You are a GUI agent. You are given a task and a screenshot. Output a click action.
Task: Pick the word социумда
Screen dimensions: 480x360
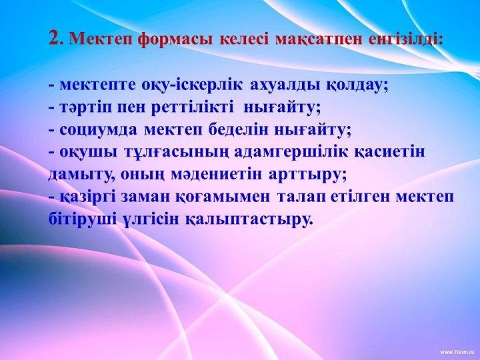pyautogui.click(x=99, y=131)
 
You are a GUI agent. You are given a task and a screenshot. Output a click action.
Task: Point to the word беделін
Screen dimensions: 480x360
pyautogui.click(x=238, y=130)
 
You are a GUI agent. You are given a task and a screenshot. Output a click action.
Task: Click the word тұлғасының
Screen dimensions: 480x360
pyautogui.click(x=176, y=153)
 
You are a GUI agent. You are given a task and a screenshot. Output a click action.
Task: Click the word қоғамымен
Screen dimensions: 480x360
pyautogui.click(x=223, y=197)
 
